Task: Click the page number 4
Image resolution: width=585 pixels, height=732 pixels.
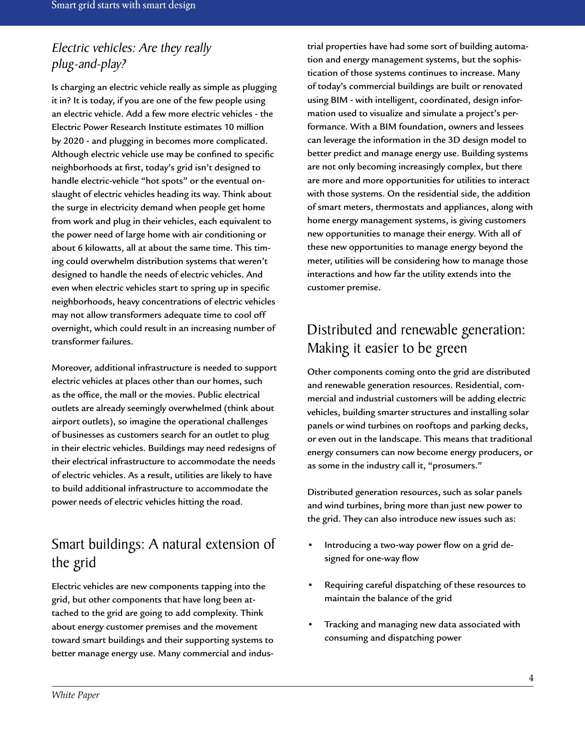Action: click(531, 678)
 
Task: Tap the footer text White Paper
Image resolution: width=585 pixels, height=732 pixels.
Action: click(76, 695)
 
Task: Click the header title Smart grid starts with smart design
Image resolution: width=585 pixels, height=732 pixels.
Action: click(123, 6)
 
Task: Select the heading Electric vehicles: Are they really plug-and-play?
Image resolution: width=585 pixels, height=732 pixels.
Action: click(131, 56)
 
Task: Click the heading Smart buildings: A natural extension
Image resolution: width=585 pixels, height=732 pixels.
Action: click(163, 545)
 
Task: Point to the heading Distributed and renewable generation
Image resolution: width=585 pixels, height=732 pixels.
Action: click(416, 330)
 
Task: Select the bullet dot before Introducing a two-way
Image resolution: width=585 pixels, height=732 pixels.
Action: click(311, 545)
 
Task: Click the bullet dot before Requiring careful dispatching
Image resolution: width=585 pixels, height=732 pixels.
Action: click(311, 585)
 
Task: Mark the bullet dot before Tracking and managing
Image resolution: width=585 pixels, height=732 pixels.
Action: click(311, 625)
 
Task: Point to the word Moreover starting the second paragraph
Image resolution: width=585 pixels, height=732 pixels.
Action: click(72, 368)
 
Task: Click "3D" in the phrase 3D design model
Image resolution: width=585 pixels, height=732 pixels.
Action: click(454, 140)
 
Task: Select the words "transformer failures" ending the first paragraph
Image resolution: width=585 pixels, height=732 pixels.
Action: click(92, 342)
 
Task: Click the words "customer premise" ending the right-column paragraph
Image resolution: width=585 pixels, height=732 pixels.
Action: click(343, 287)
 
